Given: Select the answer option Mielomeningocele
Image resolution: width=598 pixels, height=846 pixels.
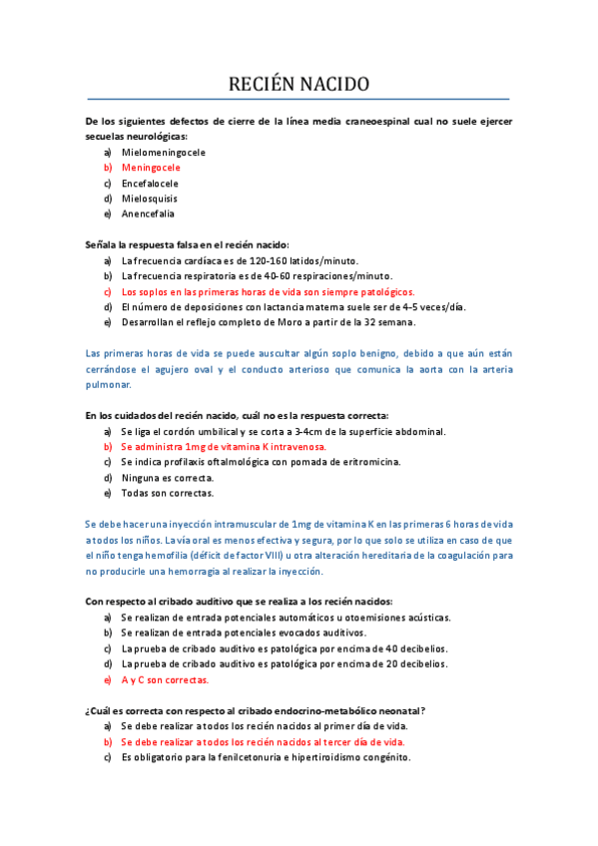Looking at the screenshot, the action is click(x=164, y=153).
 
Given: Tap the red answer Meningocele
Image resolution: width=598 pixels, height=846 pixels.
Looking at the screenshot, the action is click(x=151, y=168).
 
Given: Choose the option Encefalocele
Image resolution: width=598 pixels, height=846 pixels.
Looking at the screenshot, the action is click(x=150, y=184).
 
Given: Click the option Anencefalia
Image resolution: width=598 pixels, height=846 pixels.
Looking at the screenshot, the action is click(x=148, y=213).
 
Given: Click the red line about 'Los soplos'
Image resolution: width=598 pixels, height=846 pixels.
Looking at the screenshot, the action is click(x=268, y=291).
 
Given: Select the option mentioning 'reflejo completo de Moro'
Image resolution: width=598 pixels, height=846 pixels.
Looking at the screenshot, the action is click(x=269, y=322).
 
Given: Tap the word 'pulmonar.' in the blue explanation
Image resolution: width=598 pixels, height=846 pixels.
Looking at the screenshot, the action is click(x=110, y=383).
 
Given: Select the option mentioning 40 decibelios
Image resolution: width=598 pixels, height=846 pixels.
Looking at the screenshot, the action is click(x=284, y=648).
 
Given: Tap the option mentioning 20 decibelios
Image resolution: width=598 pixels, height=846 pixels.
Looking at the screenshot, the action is click(x=284, y=663).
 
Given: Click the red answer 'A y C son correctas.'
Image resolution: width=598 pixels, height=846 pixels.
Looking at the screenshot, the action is click(x=165, y=679).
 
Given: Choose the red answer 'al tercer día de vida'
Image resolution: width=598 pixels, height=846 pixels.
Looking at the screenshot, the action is click(x=264, y=741).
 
